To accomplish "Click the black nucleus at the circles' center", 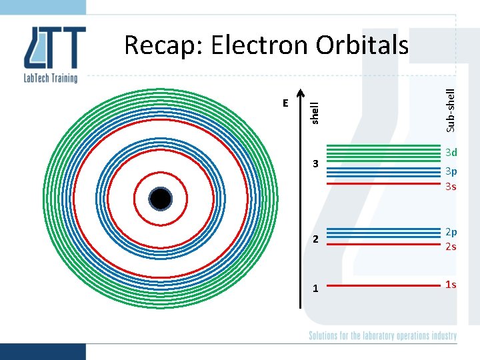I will point(161,199).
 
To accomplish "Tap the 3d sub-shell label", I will point(451,153).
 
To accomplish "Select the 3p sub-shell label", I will point(451,171).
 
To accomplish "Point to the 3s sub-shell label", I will point(451,186).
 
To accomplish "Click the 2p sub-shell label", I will point(451,231).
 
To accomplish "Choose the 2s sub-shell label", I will point(451,246).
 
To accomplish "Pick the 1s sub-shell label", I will point(451,285).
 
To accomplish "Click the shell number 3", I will point(317,164).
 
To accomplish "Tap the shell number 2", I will point(317,239).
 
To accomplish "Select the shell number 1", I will point(317,288).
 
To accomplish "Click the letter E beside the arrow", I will point(285,103).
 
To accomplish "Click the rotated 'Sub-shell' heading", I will point(451,109).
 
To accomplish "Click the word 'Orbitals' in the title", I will point(362,45).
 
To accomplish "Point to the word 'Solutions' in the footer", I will point(325,335).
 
